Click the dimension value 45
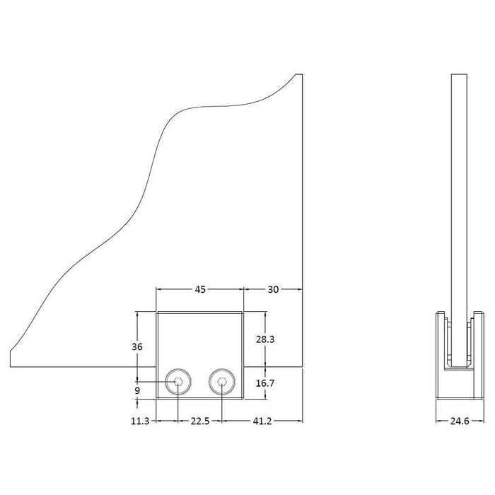200,289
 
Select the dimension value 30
273,289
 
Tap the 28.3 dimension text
265,339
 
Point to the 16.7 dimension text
265,383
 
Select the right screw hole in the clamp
222,383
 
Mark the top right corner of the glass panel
302,74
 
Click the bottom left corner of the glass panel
12,367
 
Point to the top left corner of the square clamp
156,311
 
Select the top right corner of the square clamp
244,311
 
